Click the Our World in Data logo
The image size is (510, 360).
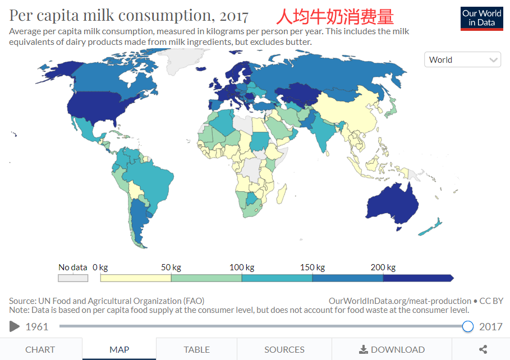tap(481, 17)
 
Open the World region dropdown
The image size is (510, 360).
tap(462, 59)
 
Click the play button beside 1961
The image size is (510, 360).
tap(15, 326)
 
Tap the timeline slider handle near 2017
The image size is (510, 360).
tap(468, 326)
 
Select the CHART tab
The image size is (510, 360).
tap(40, 349)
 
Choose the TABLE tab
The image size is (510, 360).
tap(196, 349)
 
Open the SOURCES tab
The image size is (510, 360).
tap(284, 349)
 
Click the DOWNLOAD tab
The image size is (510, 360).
tap(392, 349)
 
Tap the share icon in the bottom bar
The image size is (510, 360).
tap(483, 349)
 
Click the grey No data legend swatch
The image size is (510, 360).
tap(73, 278)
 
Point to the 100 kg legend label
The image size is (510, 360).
tap(242, 267)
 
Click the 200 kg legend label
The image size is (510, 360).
tap(383, 267)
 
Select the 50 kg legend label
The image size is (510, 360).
tap(171, 267)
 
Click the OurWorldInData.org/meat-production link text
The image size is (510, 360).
tap(399, 301)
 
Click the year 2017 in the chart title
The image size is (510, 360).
tap(234, 16)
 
